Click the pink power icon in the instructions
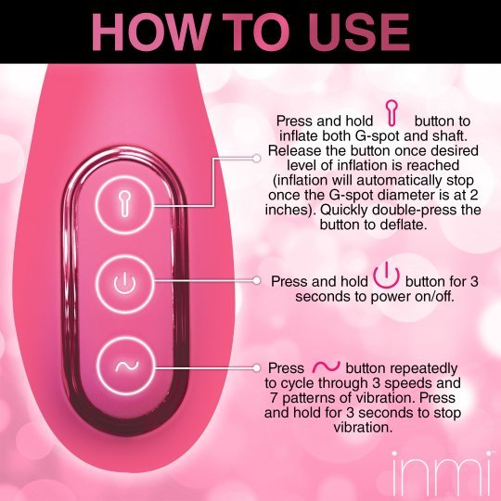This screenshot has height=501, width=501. click(386, 276)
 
